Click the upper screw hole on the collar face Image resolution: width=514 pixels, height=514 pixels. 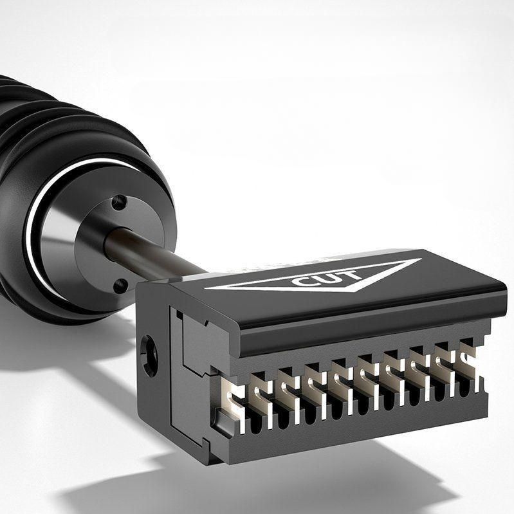[x=119, y=201]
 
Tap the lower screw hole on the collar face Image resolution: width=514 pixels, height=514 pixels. [x=121, y=286]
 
